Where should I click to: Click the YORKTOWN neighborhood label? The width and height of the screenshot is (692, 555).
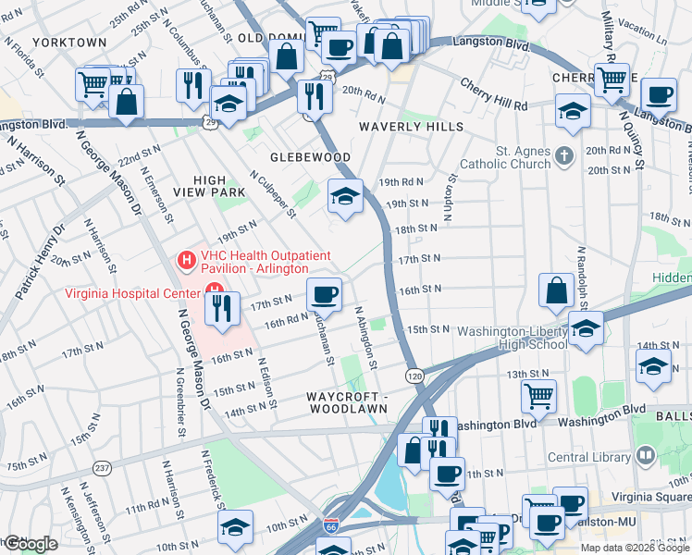coord(68,43)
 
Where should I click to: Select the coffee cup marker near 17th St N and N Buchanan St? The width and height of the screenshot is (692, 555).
coord(324,294)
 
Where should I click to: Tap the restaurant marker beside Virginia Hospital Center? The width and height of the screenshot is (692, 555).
coord(223,309)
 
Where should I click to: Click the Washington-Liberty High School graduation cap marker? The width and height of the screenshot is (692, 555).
coord(586,328)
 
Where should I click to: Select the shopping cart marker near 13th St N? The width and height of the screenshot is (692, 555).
coord(538,396)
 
